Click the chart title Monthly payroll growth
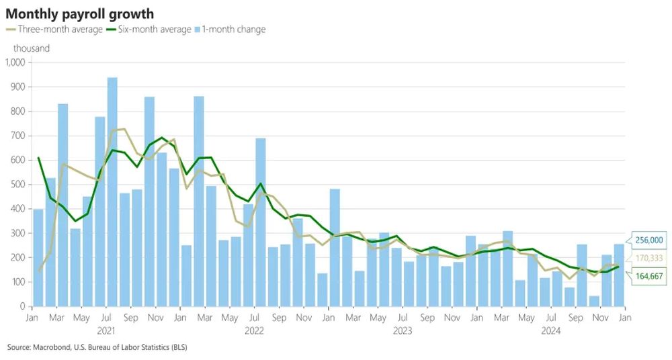pos(80,13)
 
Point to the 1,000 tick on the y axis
pos(14,62)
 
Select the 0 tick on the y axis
pos(22,306)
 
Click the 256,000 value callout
pos(649,240)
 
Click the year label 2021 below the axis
pos(107,330)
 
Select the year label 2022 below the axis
pos(254,330)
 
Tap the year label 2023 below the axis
pos(402,330)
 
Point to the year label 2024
pos(550,330)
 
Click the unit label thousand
pos(31,48)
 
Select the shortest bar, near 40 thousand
pos(594,301)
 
